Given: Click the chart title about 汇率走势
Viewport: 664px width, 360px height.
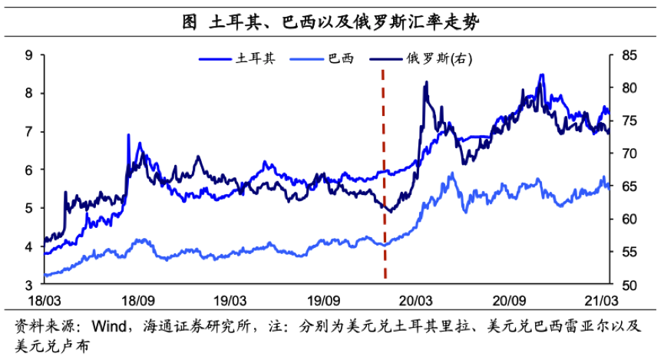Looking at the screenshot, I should coord(331,22).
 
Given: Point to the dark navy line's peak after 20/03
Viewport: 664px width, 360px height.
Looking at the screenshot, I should coord(425,82).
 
